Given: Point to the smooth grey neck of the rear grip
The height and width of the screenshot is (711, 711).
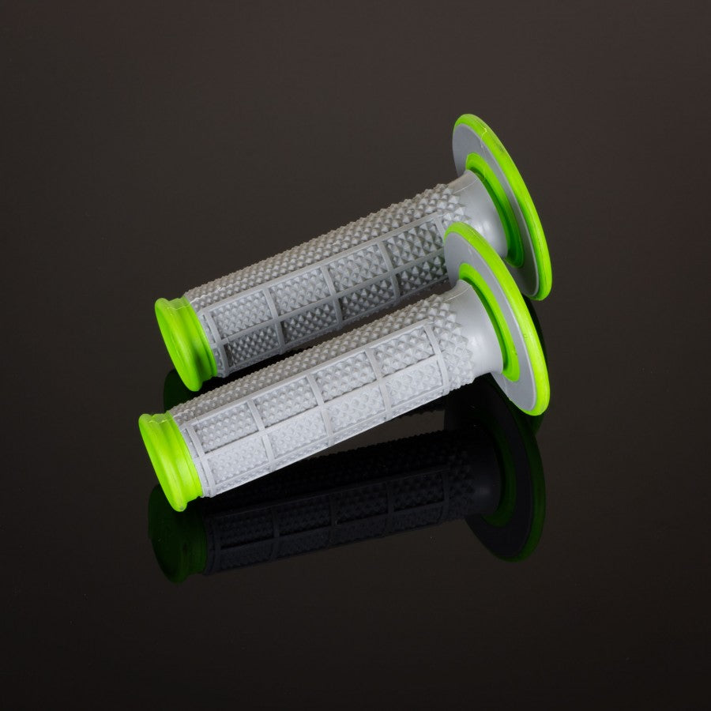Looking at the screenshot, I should coord(482,209).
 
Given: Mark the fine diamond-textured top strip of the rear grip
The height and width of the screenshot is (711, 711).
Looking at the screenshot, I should coord(316,237).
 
